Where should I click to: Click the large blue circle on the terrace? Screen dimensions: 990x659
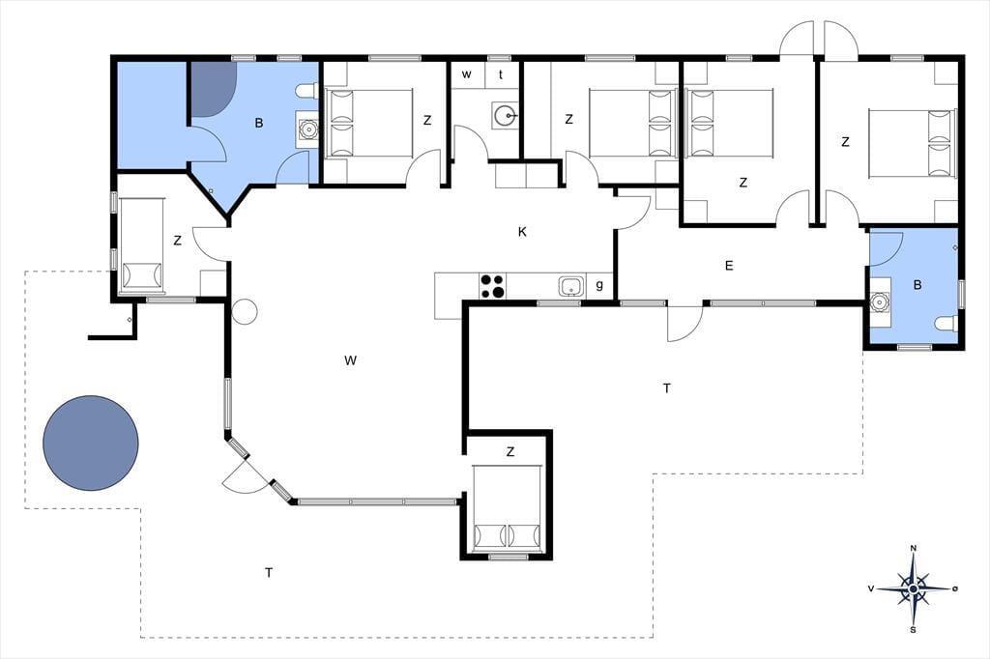tap(90, 444)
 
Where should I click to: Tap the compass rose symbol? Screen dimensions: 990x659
tap(913, 588)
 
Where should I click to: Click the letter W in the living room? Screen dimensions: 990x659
tap(350, 360)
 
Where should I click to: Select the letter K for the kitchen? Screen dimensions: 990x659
tap(522, 232)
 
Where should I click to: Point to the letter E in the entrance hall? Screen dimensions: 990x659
tap(729, 266)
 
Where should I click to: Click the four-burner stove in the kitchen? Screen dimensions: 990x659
tap(492, 286)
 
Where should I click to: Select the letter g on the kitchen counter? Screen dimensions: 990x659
tap(599, 285)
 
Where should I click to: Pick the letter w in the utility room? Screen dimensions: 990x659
tap(467, 74)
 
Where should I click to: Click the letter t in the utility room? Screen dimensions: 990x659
tap(501, 74)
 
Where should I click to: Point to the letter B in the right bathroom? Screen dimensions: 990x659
tap(917, 285)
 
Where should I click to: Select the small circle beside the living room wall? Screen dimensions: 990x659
tap(245, 312)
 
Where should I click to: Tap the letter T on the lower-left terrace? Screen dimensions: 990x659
tap(269, 573)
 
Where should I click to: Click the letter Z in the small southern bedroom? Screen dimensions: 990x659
tap(510, 451)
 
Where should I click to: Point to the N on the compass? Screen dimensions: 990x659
tap(913, 548)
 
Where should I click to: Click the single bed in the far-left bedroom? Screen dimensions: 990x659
tap(142, 246)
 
